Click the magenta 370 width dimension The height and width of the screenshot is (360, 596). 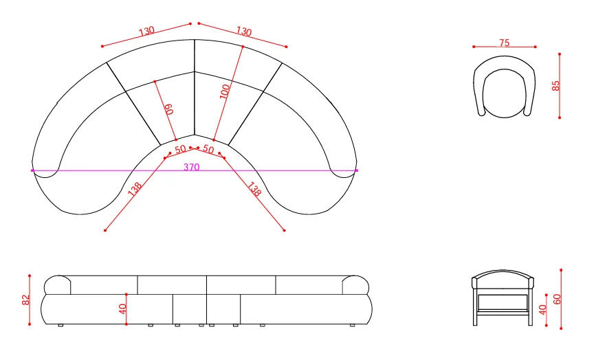[192, 167]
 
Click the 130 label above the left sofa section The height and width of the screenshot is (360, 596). [146, 31]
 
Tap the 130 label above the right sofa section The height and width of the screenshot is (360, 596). [243, 31]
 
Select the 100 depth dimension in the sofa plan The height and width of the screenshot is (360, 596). [225, 92]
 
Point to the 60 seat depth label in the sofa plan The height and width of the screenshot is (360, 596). [169, 109]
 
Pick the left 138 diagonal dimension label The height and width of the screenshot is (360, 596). [135, 189]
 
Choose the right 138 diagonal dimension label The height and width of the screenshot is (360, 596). [254, 189]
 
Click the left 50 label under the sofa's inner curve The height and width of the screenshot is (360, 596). [180, 149]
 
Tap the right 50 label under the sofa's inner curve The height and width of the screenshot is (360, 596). [208, 149]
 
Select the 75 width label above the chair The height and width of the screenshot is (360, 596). [505, 43]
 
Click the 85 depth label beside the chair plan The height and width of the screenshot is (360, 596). [555, 86]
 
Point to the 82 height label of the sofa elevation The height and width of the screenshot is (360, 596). [26, 300]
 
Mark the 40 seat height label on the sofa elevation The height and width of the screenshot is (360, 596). [122, 309]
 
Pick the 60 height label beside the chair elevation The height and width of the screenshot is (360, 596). [557, 300]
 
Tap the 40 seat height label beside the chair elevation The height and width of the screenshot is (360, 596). [542, 310]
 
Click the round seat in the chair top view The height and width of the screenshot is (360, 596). [505, 93]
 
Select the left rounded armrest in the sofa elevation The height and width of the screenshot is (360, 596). [57, 285]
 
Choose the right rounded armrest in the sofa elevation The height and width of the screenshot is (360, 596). [355, 285]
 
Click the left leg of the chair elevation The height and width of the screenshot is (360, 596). [475, 307]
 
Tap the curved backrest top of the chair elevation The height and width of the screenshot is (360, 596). [503, 274]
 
